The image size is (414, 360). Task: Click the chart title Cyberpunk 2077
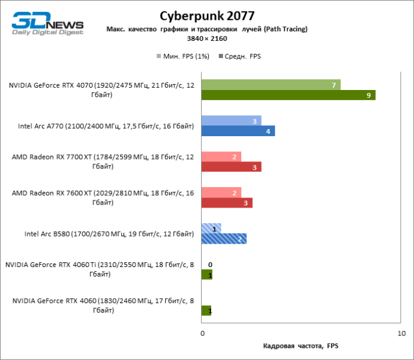(206, 15)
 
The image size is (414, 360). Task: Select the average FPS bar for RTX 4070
(288, 95)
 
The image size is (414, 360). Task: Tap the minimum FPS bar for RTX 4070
(271, 85)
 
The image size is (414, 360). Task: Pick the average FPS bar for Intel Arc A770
(238, 131)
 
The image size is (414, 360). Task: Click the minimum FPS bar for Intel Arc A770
(231, 121)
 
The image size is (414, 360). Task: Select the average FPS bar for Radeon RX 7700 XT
(231, 167)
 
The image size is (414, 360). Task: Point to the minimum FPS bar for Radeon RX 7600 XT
(221, 193)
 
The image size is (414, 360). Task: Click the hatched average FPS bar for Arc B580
(224, 239)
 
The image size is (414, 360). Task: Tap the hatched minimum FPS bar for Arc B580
(211, 229)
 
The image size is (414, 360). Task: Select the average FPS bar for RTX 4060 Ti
(207, 275)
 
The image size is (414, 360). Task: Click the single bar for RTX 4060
(207, 311)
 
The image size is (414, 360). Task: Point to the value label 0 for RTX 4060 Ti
(210, 265)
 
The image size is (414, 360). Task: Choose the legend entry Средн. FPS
(242, 56)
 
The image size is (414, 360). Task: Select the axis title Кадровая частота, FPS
(301, 346)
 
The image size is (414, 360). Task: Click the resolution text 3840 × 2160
(206, 38)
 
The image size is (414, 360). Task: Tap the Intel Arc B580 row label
(109, 234)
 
